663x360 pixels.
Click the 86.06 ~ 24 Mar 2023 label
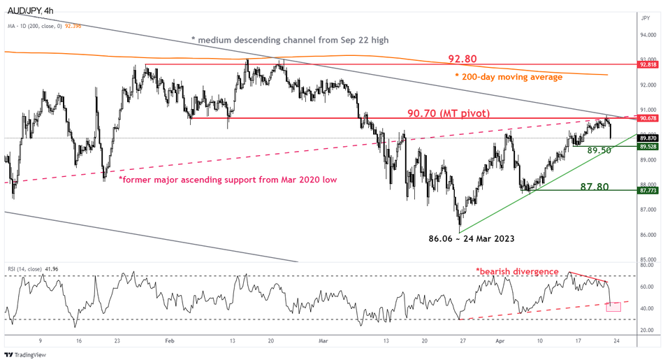click(472, 238)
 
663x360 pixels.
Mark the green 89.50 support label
click(599, 150)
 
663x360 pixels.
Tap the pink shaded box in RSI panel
click(615, 306)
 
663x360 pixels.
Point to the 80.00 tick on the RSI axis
click(646, 265)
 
